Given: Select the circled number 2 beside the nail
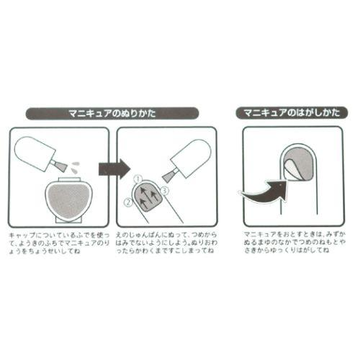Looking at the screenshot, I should click(127, 203).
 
